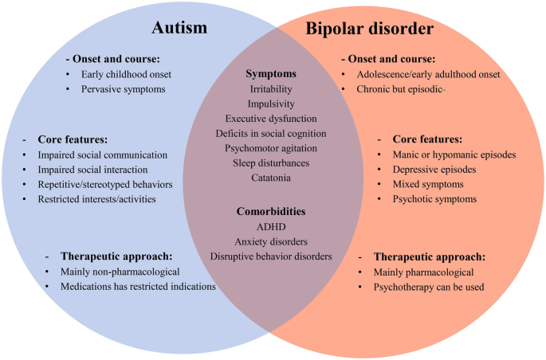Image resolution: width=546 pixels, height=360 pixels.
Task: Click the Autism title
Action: (x=179, y=29)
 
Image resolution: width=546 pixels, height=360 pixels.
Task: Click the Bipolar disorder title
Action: (x=369, y=29)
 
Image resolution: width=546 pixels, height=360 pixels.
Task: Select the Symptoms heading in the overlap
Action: (x=272, y=73)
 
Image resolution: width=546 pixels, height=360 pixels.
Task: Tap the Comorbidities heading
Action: (x=271, y=213)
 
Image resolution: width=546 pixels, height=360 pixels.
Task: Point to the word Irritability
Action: (x=272, y=88)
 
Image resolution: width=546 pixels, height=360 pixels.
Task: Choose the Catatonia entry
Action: (x=271, y=178)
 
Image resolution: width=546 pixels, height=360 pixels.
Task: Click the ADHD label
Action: (x=271, y=227)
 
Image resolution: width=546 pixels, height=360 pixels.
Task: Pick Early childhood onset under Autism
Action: (x=127, y=74)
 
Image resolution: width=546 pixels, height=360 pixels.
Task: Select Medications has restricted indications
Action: (x=138, y=286)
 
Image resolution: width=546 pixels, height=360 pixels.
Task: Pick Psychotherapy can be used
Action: (x=429, y=286)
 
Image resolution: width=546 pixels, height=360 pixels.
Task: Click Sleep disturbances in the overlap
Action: (x=271, y=162)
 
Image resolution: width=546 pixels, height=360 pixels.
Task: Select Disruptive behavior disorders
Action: (x=271, y=256)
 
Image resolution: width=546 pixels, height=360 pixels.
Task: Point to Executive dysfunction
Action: (x=271, y=118)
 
